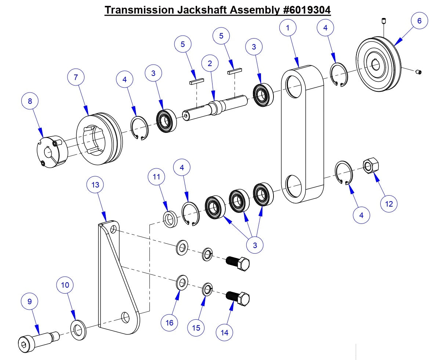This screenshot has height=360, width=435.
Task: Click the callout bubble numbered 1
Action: pyautogui.click(x=288, y=28)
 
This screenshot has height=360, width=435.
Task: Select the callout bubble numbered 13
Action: pyautogui.click(x=95, y=185)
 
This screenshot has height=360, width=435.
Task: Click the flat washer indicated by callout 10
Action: pyautogui.click(x=77, y=330)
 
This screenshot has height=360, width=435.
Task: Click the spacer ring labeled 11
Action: pyautogui.click(x=170, y=219)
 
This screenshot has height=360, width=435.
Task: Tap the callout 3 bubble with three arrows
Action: pyautogui.click(x=255, y=245)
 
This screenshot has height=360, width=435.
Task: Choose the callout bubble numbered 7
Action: pyautogui.click(x=76, y=77)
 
